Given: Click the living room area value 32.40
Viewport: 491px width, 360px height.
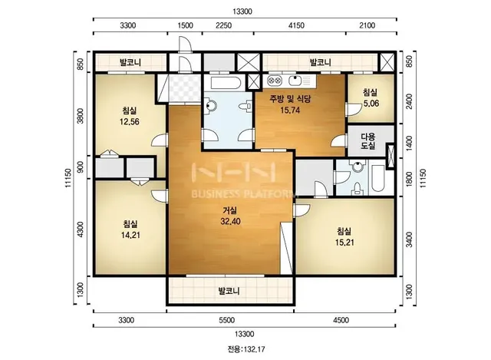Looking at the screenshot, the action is [x=230, y=222].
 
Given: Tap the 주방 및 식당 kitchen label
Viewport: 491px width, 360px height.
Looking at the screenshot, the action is [x=290, y=99].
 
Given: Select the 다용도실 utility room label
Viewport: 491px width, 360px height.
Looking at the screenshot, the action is [x=368, y=141].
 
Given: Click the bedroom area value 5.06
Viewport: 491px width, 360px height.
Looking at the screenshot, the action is [x=371, y=103].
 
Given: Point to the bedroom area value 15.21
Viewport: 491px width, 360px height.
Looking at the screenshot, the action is [x=344, y=243].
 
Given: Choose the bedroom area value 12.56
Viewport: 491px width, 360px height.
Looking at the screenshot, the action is [x=130, y=121].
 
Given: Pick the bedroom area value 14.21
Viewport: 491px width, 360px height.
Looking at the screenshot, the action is [x=130, y=235].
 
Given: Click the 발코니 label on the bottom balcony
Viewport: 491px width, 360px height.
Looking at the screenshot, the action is [x=229, y=291].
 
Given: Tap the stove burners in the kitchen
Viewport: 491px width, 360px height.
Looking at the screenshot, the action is [x=275, y=81].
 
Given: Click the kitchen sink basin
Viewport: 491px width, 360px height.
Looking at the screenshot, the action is [x=295, y=81].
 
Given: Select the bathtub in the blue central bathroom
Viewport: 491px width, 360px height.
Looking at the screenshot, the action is [x=226, y=84].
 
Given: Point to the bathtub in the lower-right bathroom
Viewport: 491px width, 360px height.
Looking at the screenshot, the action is [x=378, y=178].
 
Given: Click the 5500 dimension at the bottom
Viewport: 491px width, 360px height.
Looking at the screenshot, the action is [x=227, y=320].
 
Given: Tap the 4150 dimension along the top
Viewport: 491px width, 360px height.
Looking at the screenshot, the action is [x=296, y=25].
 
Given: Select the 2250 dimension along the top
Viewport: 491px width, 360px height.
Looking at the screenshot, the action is [x=223, y=25].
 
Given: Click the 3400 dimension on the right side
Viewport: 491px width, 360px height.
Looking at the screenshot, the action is [x=409, y=239].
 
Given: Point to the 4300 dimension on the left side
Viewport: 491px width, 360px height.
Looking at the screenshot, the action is [x=81, y=229].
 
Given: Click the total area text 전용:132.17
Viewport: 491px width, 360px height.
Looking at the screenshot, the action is [x=246, y=349].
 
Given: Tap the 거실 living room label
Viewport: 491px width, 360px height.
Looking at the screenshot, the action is [x=230, y=210].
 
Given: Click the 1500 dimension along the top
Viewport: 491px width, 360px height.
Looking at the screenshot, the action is [x=186, y=25].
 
